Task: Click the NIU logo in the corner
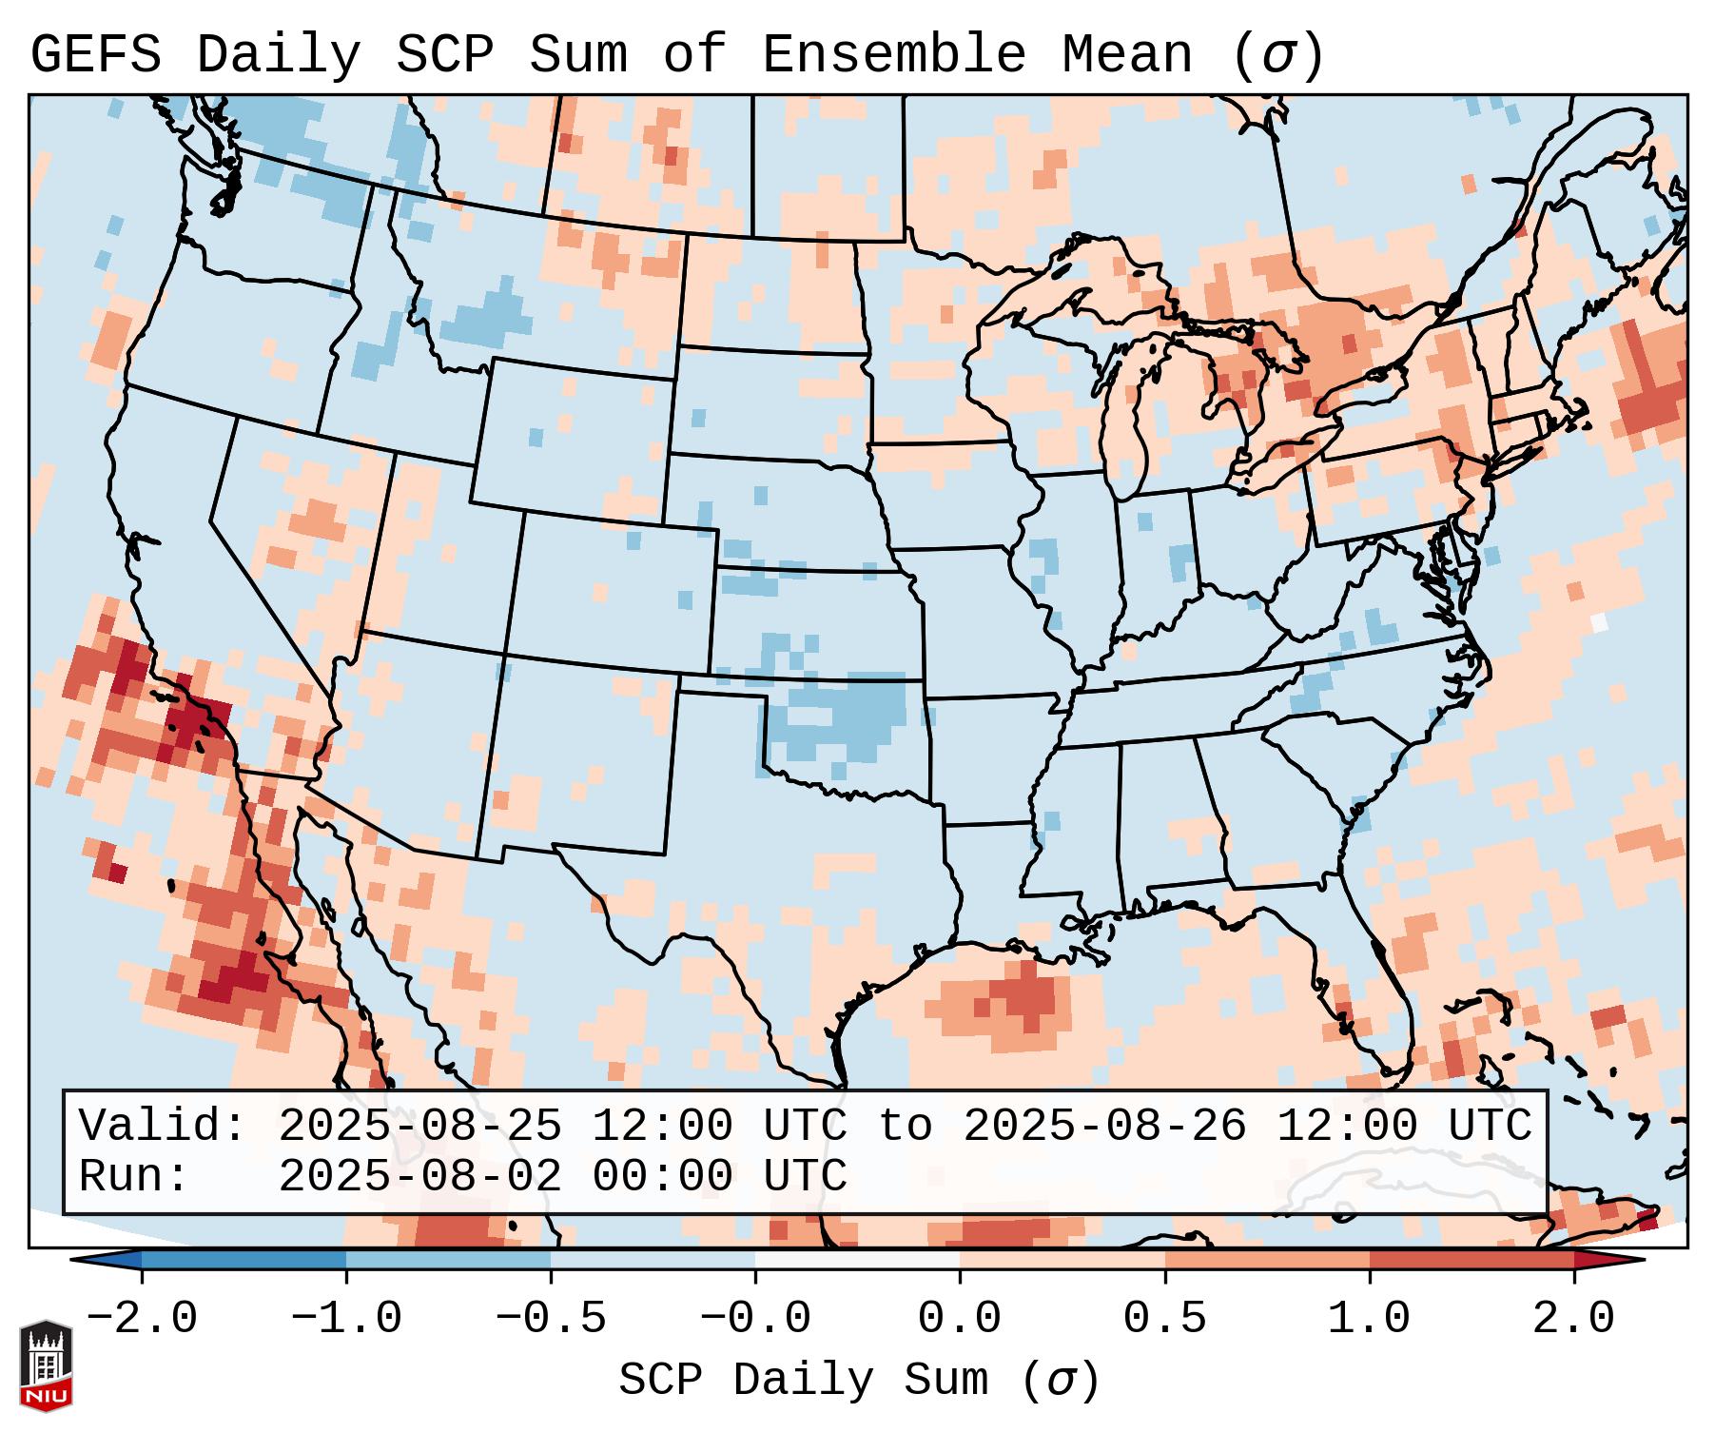coord(46,1365)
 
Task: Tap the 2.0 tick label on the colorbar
coord(1573,1319)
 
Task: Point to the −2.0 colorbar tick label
coord(142,1319)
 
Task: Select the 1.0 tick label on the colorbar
coord(1369,1319)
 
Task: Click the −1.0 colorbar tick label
coord(346,1319)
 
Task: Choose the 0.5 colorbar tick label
coord(1164,1319)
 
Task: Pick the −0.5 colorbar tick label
coord(551,1319)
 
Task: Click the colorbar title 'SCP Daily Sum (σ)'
coord(859,1381)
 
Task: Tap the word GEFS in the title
coord(95,55)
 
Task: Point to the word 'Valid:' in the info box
coord(163,1126)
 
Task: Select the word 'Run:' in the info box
coord(134,1176)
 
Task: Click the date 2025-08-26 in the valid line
coord(1104,1126)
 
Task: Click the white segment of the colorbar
coord(857,1260)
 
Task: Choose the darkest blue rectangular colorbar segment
coord(244,1260)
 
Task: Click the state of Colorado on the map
coord(609,590)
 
